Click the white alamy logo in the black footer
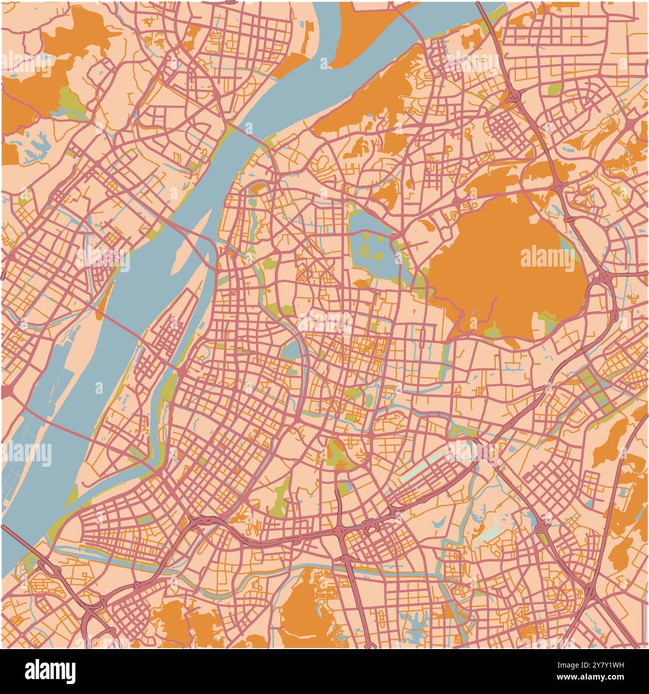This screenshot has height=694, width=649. click(x=50, y=671)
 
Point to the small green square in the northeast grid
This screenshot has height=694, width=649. click(x=554, y=89)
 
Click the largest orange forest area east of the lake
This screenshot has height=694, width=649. click(x=504, y=270)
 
